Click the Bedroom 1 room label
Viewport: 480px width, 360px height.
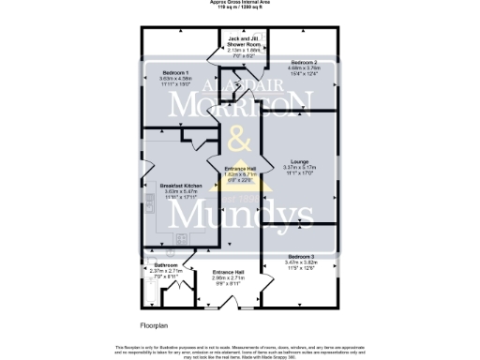[176, 72]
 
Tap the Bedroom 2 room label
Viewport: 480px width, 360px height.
[303, 59]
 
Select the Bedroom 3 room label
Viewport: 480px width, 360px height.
[301, 256]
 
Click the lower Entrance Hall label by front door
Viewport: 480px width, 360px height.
[229, 272]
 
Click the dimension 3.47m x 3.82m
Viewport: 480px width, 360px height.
[301, 262]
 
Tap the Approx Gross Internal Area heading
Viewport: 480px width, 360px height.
[240, 3]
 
